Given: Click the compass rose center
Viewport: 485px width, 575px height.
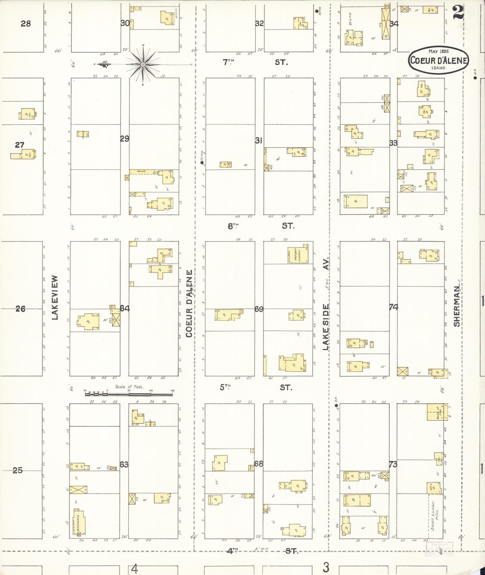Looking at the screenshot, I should [143, 64].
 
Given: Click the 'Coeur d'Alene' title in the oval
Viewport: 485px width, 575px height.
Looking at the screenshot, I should [438, 60].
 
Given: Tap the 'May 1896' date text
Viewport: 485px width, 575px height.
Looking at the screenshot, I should [438, 51].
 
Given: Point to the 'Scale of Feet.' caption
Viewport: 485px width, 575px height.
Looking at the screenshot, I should [129, 386].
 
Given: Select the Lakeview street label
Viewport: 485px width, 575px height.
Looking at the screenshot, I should [55, 298].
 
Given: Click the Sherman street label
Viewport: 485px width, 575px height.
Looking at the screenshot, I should [456, 308].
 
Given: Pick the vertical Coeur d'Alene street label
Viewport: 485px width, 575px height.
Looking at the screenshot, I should [189, 304].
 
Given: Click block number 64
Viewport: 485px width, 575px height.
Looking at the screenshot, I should [125, 308].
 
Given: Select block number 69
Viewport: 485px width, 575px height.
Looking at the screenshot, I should [259, 309].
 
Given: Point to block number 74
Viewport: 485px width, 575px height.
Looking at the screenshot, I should [393, 307].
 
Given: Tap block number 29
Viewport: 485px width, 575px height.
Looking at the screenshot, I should [125, 138].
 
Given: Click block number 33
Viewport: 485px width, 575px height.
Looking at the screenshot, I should [393, 143].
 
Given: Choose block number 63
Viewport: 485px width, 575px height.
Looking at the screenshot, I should [124, 464].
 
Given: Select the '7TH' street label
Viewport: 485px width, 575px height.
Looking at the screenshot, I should [229, 62].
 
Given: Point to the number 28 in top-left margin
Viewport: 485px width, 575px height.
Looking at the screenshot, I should [26, 23].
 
